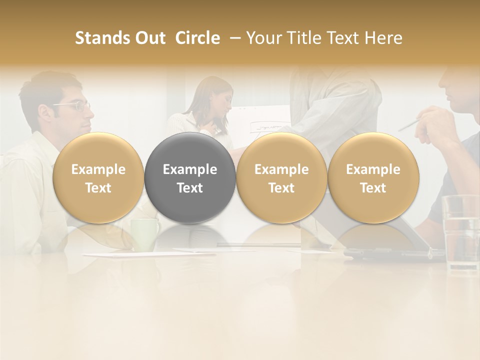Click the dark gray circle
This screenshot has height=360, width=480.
pyautogui.click(x=190, y=177)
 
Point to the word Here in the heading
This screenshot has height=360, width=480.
pyautogui.click(x=383, y=38)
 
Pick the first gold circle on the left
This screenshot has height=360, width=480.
pyautogui.click(x=98, y=177)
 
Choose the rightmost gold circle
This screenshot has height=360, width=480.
pyautogui.click(x=373, y=177)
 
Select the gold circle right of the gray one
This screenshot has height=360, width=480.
pyautogui.click(x=281, y=177)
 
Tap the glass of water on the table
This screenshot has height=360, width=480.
pyautogui.click(x=460, y=230)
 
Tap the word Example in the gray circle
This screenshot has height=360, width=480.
pyautogui.click(x=190, y=169)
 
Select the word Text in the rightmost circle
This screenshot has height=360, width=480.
pyautogui.click(x=373, y=188)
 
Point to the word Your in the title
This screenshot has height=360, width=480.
pyautogui.click(x=264, y=38)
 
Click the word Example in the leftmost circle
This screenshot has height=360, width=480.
pyautogui.click(x=98, y=169)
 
